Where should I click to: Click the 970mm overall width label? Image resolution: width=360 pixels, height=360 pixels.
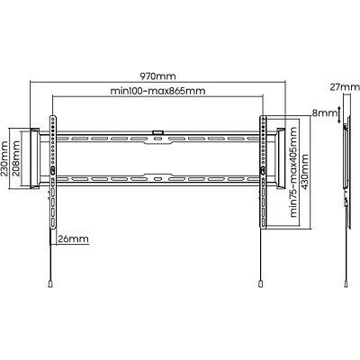[x=157, y=76]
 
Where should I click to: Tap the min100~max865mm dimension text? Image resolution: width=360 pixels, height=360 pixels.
[x=158, y=91]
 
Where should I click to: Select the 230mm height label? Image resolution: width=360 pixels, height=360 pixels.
[x=5, y=158]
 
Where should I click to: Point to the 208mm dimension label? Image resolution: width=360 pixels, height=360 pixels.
[x=16, y=158]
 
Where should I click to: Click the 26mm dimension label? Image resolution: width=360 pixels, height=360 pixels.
[x=74, y=238]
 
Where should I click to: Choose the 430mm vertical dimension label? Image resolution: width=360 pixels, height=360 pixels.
[x=304, y=172]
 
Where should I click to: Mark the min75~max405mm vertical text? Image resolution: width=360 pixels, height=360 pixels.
[x=293, y=173]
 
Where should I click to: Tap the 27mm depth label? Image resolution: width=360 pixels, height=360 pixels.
[x=345, y=87]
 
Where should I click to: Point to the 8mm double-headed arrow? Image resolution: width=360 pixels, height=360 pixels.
[x=339, y=114]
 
